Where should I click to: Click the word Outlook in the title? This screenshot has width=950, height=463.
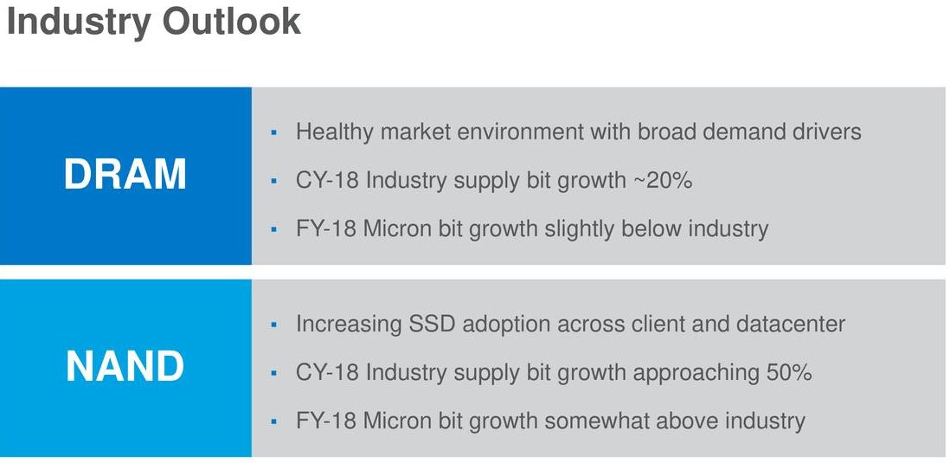tap(231, 21)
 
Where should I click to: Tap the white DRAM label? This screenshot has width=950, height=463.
tap(125, 175)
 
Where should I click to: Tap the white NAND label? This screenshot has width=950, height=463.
tap(125, 366)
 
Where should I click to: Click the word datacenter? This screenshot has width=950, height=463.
tap(791, 324)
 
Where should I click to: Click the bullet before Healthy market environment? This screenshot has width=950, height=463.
tap(274, 132)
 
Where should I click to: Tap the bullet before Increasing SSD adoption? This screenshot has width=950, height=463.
tap(274, 325)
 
